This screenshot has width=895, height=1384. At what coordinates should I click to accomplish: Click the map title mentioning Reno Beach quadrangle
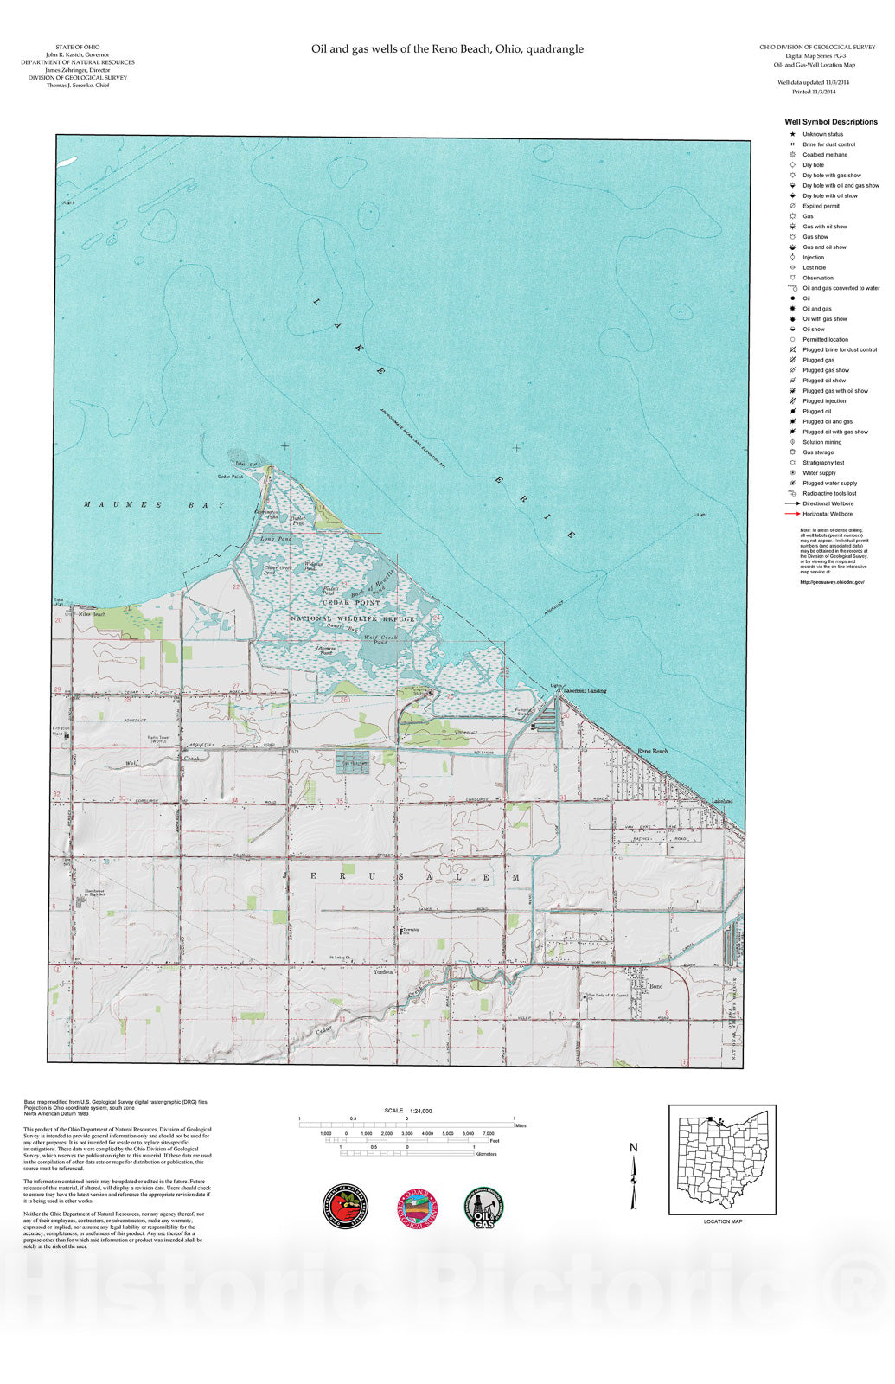point(447,49)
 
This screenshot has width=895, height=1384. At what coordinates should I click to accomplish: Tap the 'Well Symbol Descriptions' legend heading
point(830,122)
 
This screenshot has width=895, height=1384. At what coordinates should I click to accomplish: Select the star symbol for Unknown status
point(792,134)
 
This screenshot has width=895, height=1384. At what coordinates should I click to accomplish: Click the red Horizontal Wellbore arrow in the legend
point(792,514)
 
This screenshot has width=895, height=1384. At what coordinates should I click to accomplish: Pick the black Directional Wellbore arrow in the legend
point(792,503)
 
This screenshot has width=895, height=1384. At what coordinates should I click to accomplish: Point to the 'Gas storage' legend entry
point(818,452)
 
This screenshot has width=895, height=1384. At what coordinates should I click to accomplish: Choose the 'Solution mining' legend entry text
point(821,442)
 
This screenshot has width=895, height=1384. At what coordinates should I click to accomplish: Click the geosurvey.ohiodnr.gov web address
point(832,582)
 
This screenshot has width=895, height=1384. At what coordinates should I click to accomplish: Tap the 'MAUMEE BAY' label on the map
point(154,505)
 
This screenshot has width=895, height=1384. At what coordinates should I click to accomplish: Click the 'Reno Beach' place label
point(653,751)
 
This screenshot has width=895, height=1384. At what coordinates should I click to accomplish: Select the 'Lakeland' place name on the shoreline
point(721,801)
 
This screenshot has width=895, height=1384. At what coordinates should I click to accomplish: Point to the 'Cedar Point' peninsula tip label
point(230,477)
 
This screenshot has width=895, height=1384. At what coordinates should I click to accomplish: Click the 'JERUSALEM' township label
point(402,877)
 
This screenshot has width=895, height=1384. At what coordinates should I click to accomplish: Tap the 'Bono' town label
point(655,987)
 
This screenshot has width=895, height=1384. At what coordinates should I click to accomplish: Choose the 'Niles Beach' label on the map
point(93,614)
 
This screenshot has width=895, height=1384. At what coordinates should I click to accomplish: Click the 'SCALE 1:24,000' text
point(408,1111)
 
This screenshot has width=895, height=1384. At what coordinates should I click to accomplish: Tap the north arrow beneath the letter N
point(634,1183)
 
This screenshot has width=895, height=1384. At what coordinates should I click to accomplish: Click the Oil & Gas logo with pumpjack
point(485,1207)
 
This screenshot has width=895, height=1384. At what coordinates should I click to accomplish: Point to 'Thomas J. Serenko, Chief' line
point(77,86)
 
